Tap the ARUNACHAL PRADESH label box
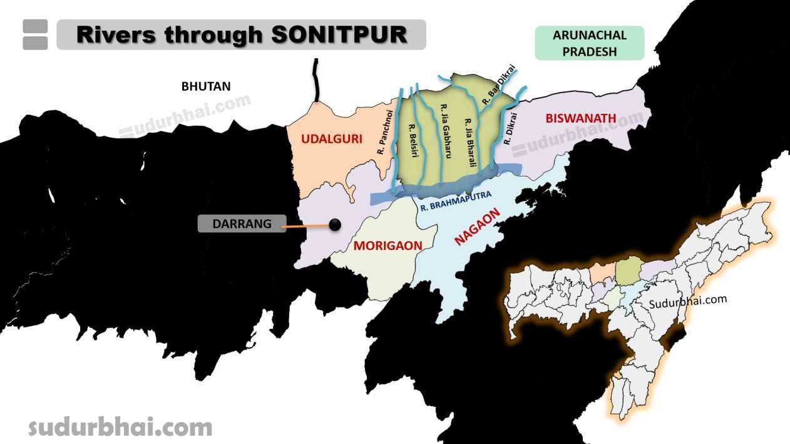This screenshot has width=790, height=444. click(589, 43)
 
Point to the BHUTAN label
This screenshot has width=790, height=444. click(206, 86)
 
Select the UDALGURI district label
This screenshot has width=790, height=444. click(332, 139)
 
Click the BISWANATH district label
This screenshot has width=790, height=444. click(580, 118)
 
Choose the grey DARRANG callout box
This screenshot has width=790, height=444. click(241, 224)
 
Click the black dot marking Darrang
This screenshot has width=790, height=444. click(336, 224)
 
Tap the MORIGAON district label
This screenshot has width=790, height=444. click(387, 245)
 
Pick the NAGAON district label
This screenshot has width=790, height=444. click(479, 227)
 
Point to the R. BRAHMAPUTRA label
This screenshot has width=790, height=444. click(456, 200)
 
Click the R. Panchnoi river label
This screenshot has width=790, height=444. click(384, 133)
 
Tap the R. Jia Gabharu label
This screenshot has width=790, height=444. click(446, 130)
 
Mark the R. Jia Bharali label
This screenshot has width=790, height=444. click(470, 142)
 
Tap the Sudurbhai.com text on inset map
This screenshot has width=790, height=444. click(688, 301)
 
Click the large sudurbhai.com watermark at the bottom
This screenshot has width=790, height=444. click(120, 428)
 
